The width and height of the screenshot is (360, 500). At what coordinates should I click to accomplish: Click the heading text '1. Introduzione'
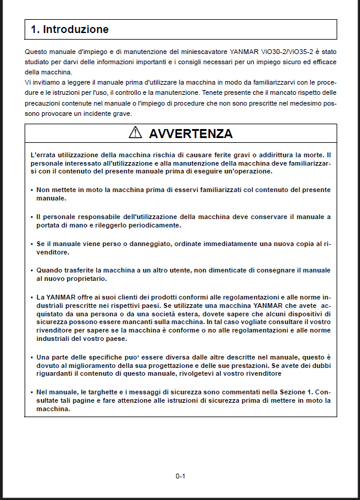70,29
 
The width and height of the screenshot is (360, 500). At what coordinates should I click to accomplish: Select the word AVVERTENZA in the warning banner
190,133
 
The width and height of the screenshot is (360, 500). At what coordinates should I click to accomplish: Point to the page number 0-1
180,476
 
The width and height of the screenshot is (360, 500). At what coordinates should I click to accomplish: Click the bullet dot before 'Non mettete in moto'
31,190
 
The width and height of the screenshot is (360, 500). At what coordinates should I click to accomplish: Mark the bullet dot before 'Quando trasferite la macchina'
31,271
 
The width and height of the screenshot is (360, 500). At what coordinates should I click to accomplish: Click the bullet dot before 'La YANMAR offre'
31,297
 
